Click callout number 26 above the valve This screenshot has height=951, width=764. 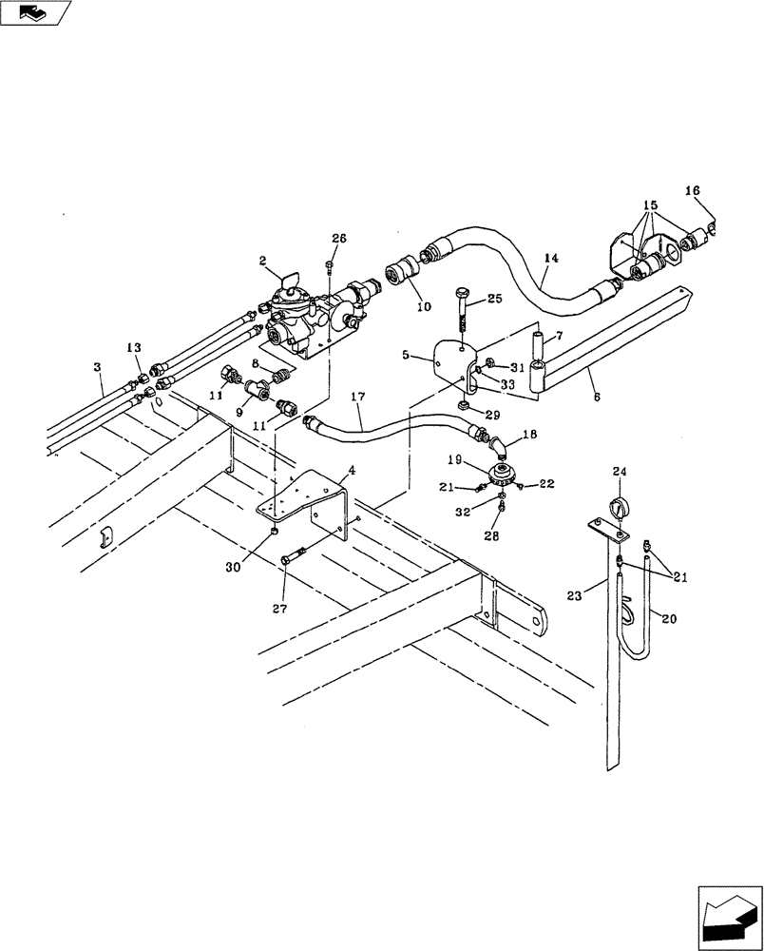point(340,239)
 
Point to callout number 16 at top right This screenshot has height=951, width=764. point(692,191)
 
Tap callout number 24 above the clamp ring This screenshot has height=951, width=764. point(619,471)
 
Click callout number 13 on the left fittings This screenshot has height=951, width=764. point(134,347)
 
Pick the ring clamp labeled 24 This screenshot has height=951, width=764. point(619,508)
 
